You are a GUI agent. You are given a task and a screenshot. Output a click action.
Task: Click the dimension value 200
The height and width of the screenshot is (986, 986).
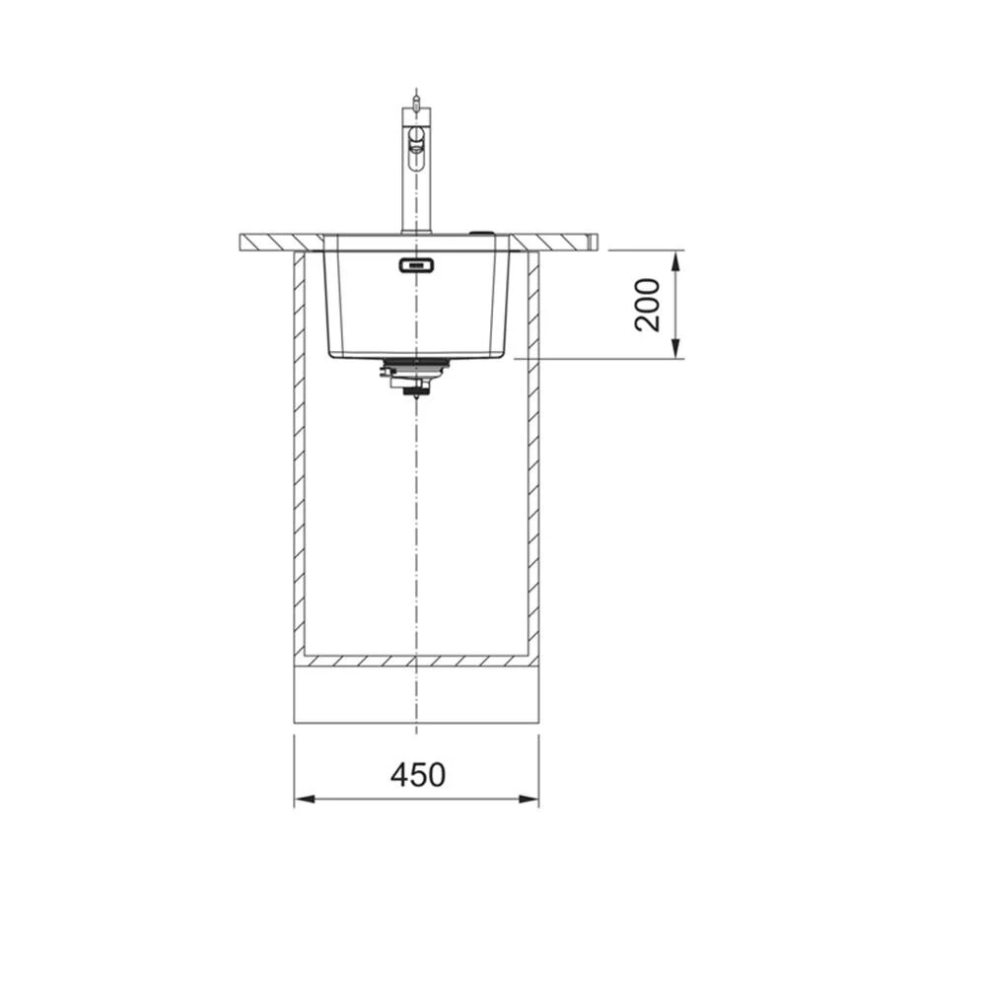point(648,305)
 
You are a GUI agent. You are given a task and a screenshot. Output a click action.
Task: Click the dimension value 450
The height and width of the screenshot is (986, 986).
point(417,775)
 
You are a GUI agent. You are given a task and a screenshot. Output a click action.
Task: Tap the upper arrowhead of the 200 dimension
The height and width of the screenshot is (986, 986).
point(675,261)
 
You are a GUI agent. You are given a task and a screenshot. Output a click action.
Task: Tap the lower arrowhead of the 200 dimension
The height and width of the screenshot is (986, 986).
point(675,348)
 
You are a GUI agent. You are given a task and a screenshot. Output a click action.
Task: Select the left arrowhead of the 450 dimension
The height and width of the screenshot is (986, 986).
point(305,800)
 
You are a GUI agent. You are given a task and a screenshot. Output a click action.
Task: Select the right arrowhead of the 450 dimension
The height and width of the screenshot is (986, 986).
point(528,800)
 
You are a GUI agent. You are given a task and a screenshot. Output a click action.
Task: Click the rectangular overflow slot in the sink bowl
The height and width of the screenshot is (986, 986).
point(416,264)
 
